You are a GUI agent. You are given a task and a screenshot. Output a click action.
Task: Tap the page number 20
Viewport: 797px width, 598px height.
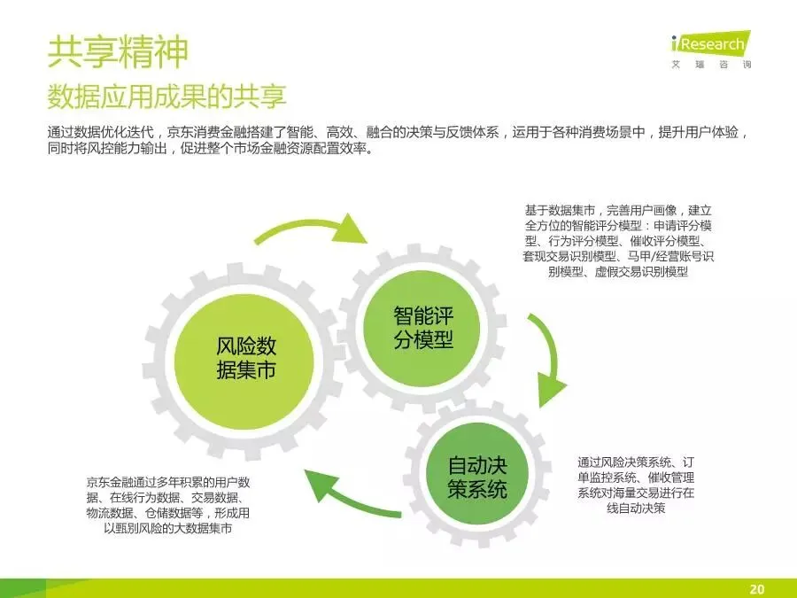(756, 587)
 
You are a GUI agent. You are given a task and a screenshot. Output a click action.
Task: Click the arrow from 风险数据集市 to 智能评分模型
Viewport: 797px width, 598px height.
(314, 228)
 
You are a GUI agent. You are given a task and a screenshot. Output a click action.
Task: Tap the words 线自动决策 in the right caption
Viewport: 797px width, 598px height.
(636, 508)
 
